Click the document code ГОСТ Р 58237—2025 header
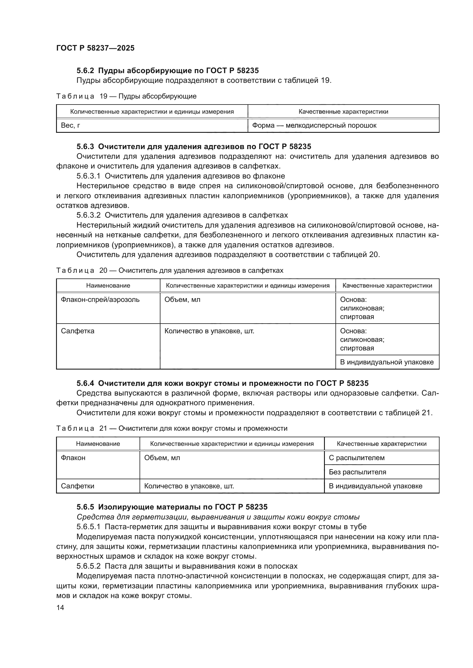95,48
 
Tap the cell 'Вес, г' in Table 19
70,125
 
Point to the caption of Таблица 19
126,96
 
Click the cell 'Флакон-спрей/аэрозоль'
100,299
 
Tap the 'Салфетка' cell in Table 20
77,331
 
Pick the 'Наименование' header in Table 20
108,285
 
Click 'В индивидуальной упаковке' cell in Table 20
387,362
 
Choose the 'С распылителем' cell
357,458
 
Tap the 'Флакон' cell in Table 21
73,458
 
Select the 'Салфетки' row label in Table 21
77,486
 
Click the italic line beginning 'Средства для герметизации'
218,517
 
